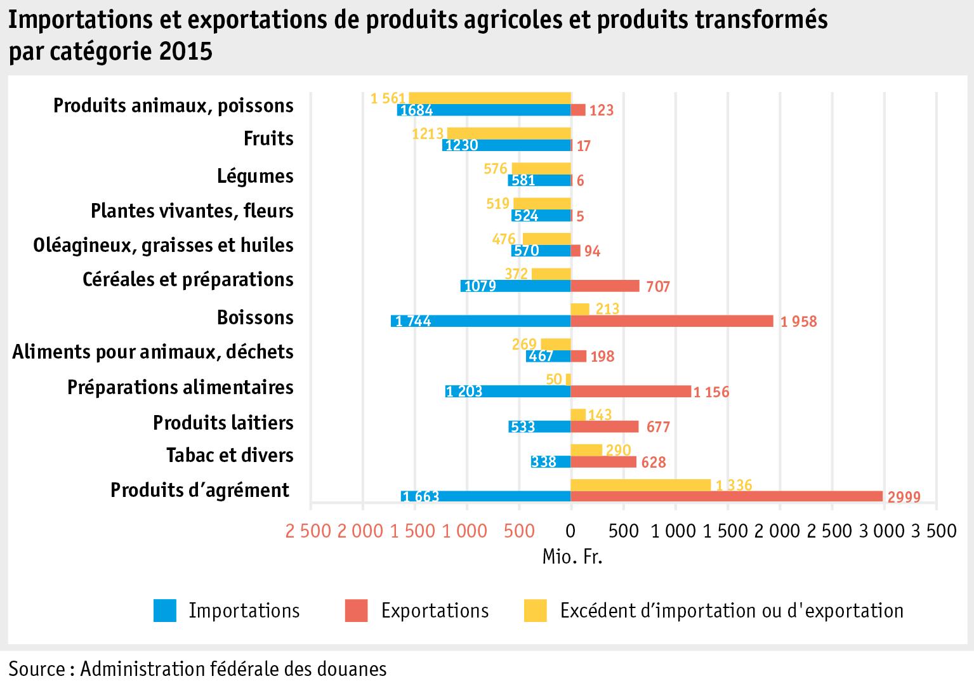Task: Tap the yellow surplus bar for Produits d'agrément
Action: tap(640, 485)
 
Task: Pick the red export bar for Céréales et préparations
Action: tap(605, 286)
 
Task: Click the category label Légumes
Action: tap(255, 176)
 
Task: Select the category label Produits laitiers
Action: tap(223, 422)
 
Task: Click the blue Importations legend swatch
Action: tap(165, 611)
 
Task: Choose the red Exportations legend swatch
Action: tap(357, 611)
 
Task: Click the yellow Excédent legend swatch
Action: tap(535, 611)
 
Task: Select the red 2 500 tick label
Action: tap(308, 530)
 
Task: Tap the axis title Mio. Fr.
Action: tap(572, 557)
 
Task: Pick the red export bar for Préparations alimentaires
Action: tap(631, 392)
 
